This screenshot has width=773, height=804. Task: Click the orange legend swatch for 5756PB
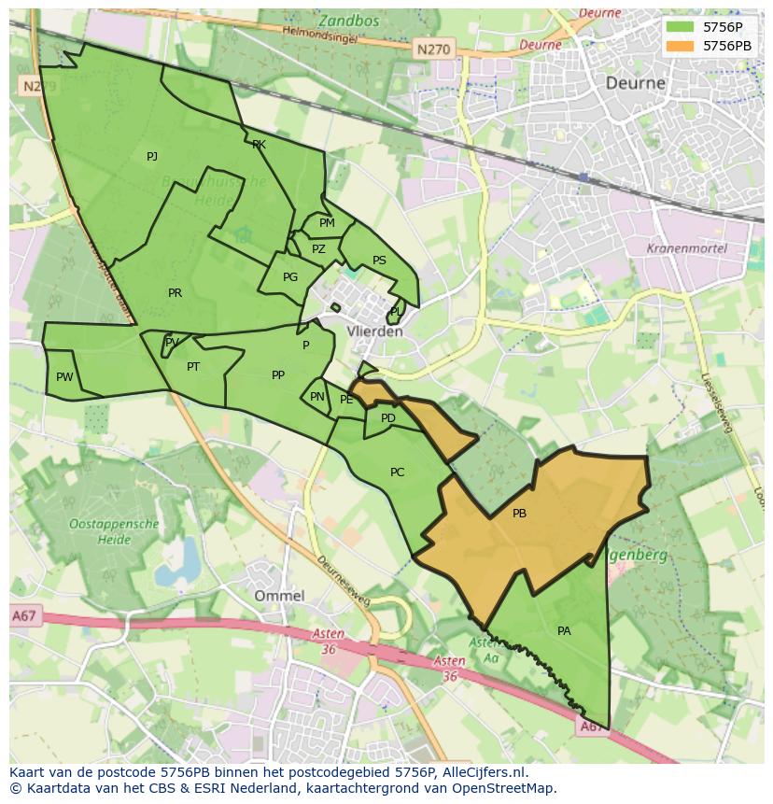point(681,45)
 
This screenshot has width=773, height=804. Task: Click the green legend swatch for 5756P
point(681,27)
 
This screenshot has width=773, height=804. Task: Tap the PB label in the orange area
point(519,514)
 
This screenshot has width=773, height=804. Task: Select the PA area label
point(564,631)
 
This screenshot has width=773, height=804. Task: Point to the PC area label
point(397,473)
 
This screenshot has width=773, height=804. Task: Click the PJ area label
point(152,157)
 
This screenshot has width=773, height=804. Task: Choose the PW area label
point(63,377)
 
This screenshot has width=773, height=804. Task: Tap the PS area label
point(379,261)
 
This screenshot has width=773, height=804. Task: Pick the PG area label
point(290,277)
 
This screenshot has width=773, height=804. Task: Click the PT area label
point(193,367)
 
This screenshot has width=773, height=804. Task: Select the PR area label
point(175,293)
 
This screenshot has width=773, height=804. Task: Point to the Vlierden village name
point(373,331)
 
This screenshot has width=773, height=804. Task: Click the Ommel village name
point(279,596)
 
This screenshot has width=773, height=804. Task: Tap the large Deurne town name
point(636,83)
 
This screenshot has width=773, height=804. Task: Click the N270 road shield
point(432,49)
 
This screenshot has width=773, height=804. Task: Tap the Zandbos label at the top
point(349,21)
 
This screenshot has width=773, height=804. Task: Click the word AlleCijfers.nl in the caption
point(482,773)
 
